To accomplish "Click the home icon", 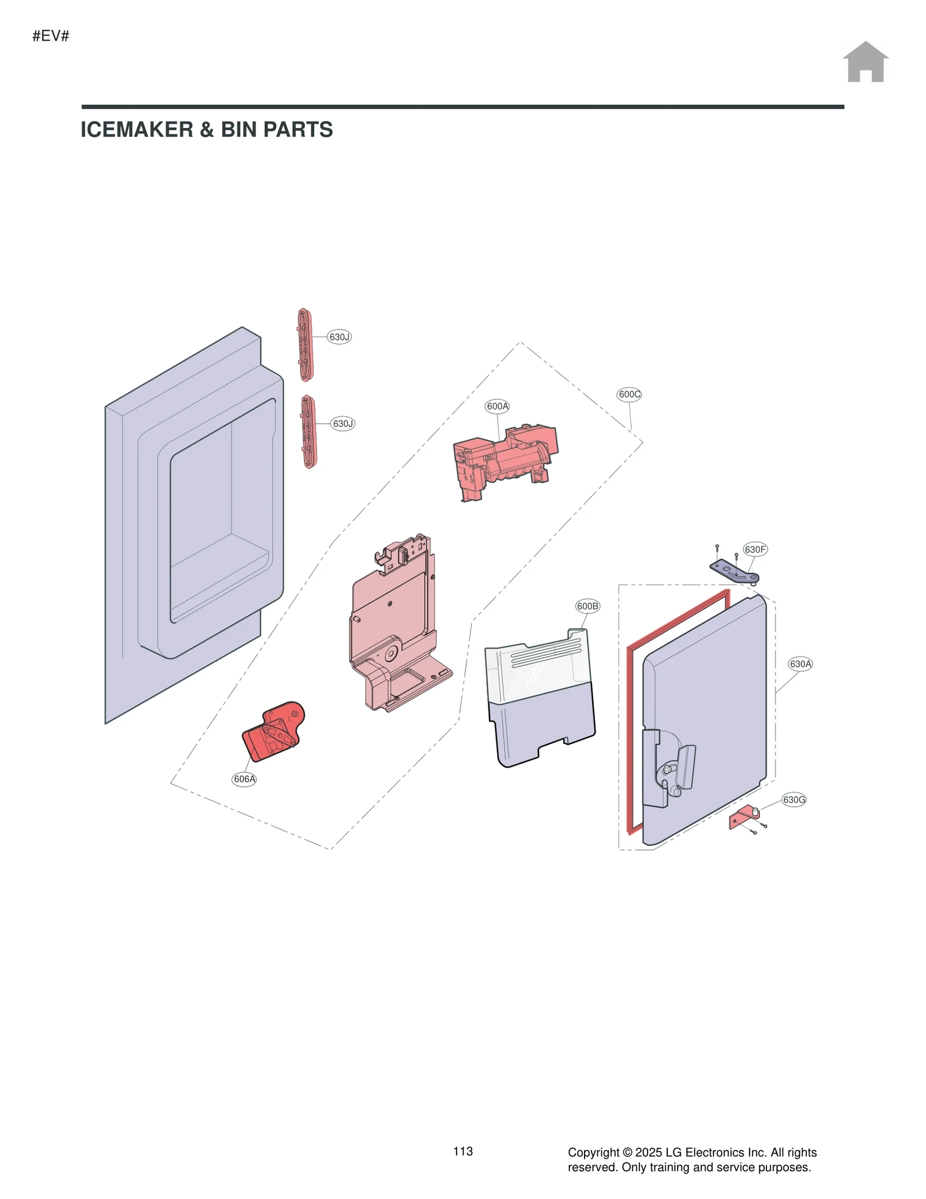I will pos(865,62).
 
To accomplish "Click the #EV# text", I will pos(51,36).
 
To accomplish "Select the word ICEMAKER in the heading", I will pos(137,130).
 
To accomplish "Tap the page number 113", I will pos(463,1151).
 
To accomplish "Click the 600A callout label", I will pos(497,406).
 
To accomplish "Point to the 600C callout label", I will pos(629,395).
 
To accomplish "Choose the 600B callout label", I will pos(587,606).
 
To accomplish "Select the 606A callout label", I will pos(244,779).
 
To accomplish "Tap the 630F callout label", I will pos(755,549).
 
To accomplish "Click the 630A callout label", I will pos(800,664).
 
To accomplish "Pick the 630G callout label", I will pos(793,800).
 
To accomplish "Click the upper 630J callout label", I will pos(339,337).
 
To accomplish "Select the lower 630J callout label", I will pos(343,424).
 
